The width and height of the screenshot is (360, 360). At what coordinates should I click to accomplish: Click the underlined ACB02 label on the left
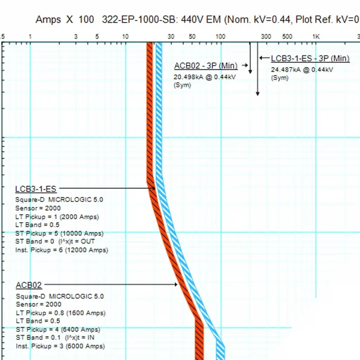(x=29, y=285)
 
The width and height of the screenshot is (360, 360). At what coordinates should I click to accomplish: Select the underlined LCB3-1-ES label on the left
(x=36, y=189)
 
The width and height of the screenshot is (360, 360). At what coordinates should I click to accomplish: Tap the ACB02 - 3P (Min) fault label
(x=206, y=66)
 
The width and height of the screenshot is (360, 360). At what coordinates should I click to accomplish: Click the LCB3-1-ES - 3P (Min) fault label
(x=310, y=58)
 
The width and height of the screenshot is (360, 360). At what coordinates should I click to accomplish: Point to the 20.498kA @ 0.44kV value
(x=205, y=77)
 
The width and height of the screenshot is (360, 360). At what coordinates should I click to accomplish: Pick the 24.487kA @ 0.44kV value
(x=302, y=70)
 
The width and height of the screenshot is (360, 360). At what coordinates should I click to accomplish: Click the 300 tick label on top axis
(x=266, y=37)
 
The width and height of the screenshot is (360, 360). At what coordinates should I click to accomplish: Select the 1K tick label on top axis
(x=316, y=37)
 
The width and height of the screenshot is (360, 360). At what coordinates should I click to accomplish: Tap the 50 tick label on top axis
(x=192, y=37)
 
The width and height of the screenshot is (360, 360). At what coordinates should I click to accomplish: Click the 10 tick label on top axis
(x=125, y=37)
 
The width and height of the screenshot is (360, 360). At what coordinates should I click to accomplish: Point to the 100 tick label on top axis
(x=220, y=37)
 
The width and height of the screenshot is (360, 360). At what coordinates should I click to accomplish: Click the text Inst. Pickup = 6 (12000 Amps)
(x=62, y=250)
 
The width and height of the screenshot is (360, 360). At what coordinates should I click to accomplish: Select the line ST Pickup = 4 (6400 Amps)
(x=58, y=330)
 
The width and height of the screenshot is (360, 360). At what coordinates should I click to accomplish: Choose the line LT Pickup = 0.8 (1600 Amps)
(x=60, y=313)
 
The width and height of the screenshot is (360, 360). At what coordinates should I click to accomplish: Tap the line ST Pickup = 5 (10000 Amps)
(x=59, y=233)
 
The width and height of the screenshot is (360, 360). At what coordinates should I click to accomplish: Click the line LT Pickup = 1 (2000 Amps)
(x=57, y=217)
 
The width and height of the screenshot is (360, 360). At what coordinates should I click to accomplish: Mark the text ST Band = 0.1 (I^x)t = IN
(x=55, y=338)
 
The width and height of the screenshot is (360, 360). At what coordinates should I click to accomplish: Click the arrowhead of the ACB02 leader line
(x=176, y=284)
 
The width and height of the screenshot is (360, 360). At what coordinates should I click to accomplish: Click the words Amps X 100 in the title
(x=65, y=19)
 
